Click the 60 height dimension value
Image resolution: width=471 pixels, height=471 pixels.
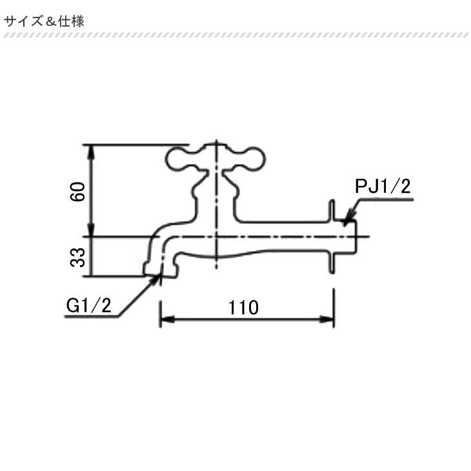pyautogui.click(x=78, y=192)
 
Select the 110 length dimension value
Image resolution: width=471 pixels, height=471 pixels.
pyautogui.click(x=243, y=307)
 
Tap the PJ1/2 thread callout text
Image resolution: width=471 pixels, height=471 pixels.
pyautogui.click(x=383, y=187)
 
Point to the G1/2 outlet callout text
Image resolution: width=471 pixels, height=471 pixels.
pyautogui.click(x=89, y=305)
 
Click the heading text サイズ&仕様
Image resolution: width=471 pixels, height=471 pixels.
pyautogui.click(x=45, y=21)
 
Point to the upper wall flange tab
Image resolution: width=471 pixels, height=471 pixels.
pyautogui.click(x=332, y=210)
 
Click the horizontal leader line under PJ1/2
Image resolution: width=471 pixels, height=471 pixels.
pyautogui.click(x=385, y=201)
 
